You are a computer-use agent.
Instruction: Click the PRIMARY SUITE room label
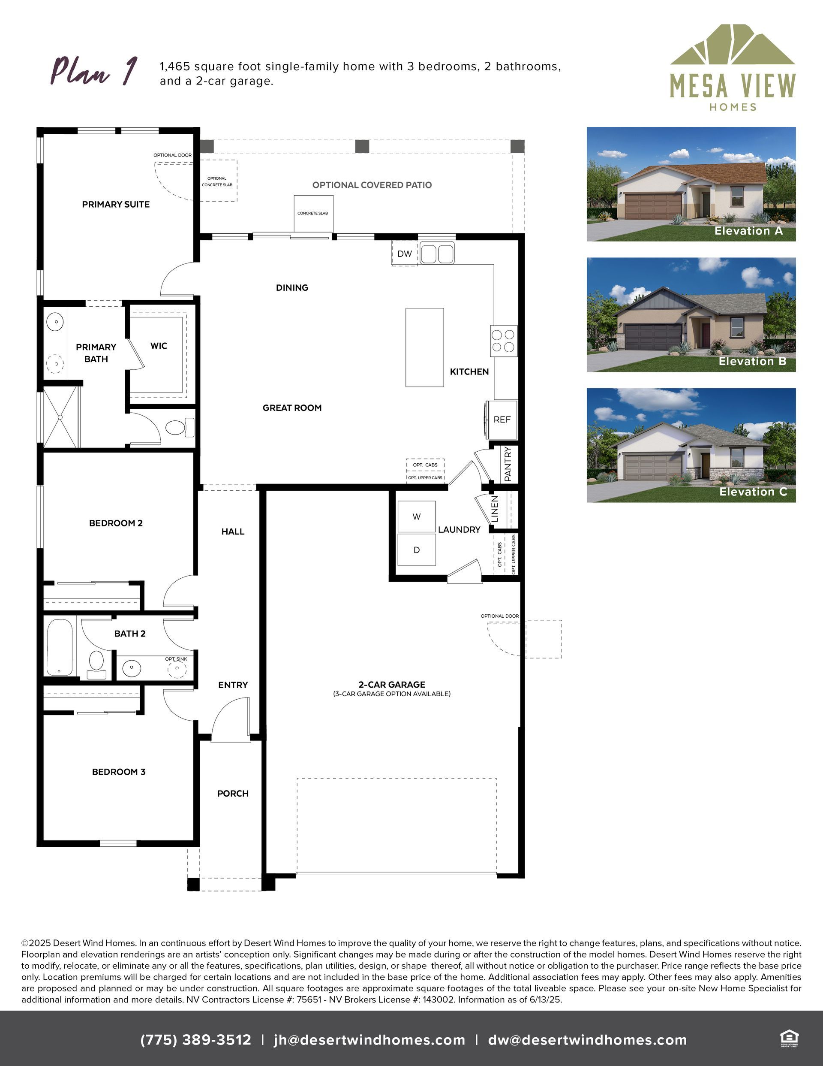pyautogui.click(x=116, y=205)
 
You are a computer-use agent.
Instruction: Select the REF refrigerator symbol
pyautogui.click(x=501, y=419)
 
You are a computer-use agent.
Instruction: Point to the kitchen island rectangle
pyautogui.click(x=424, y=347)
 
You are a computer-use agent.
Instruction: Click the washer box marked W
pyautogui.click(x=417, y=516)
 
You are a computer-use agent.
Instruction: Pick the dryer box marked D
pyautogui.click(x=417, y=550)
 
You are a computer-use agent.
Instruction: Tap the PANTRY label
pyautogui.click(x=508, y=464)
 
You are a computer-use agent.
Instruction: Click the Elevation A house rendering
pyautogui.click(x=691, y=184)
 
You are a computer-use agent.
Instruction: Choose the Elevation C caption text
pyautogui.click(x=753, y=492)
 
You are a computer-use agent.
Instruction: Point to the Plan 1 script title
pyautogui.click(x=94, y=71)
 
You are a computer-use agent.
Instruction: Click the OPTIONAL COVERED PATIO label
pyautogui.click(x=372, y=185)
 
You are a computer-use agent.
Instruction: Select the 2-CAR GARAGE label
pyautogui.click(x=392, y=684)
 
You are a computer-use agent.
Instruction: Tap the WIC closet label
pyautogui.click(x=159, y=346)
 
